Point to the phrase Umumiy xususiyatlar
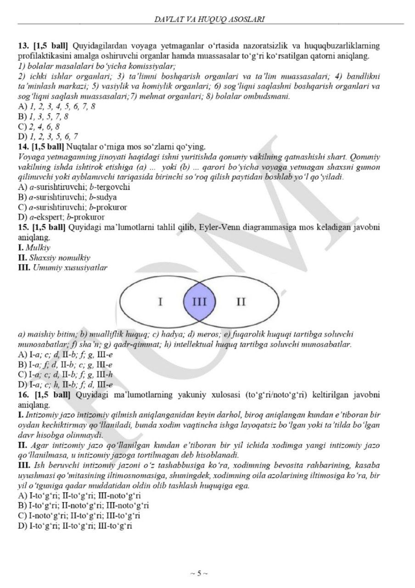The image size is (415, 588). click(70, 267)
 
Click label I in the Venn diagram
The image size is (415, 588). click(159, 302)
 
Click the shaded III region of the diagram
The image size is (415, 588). click(199, 302)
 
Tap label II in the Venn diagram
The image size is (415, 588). click(241, 302)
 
